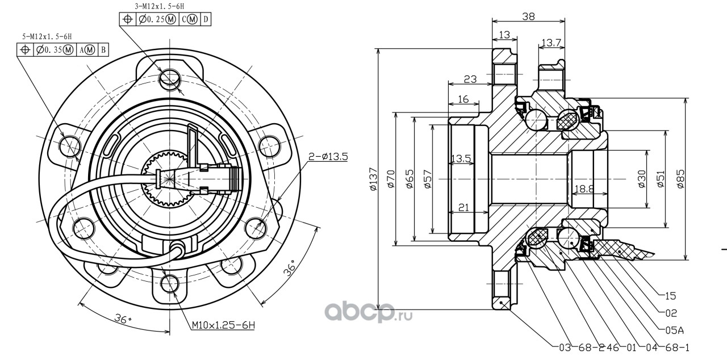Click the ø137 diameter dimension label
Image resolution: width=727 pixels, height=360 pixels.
click(x=374, y=179)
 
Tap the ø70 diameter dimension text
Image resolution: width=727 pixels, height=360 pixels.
click(x=391, y=179)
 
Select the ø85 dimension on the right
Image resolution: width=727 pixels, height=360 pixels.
click(x=680, y=179)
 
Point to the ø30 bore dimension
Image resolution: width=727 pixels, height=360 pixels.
click(x=642, y=179)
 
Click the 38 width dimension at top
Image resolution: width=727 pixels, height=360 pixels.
click(x=528, y=16)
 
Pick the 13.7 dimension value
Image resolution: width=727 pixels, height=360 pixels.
click(x=551, y=42)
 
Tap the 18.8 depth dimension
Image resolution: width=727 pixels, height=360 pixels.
click(x=584, y=189)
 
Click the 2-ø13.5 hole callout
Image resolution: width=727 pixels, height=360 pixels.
click(x=328, y=157)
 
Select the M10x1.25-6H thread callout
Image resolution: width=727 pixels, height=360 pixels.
click(x=223, y=325)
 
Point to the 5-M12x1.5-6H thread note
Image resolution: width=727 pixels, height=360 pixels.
click(x=47, y=36)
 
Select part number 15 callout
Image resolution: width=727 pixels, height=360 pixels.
click(x=671, y=296)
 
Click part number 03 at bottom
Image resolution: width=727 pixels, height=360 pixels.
click(x=565, y=348)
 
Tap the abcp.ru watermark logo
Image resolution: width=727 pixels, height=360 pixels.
click(x=369, y=312)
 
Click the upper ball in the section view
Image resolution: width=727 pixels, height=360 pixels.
click(x=535, y=120)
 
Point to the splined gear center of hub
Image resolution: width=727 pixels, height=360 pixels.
click(x=168, y=179)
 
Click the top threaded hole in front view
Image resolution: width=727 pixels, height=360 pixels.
click(x=169, y=79)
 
